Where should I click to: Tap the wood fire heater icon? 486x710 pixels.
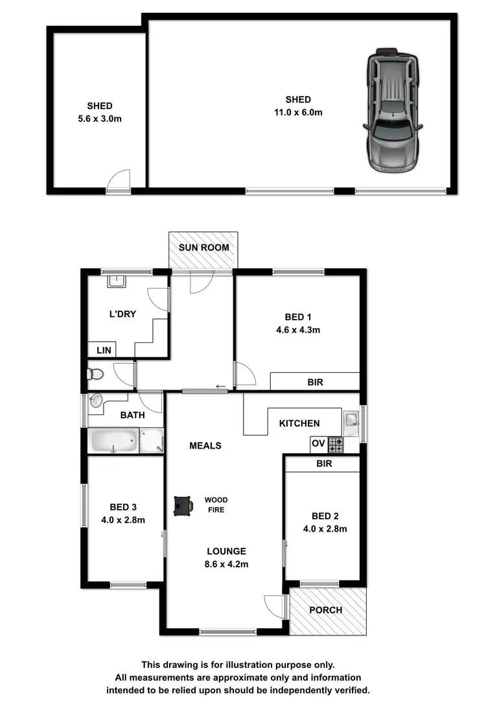click(x=183, y=506)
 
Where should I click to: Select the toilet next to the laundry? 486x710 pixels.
click(x=95, y=374)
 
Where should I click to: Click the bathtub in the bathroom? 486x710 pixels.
click(x=115, y=442)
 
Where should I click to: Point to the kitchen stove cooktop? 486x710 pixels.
click(x=336, y=445)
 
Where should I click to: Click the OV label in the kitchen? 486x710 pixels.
click(x=318, y=444)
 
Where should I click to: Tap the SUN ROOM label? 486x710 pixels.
click(x=203, y=247)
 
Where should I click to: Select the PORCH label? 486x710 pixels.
click(x=325, y=609)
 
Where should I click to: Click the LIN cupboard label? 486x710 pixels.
click(x=104, y=350)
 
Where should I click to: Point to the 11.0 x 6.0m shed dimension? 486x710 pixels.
click(x=298, y=112)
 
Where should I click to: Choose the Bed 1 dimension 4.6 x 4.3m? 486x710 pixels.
click(x=298, y=329)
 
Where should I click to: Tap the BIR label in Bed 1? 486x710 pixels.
click(x=315, y=383)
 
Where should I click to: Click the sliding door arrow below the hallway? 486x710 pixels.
click(x=221, y=387)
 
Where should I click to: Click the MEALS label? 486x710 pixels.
click(x=205, y=445)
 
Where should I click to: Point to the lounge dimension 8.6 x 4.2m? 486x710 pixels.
click(x=226, y=564)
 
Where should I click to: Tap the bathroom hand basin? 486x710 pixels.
click(x=97, y=401)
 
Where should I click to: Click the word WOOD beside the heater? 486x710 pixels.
click(x=216, y=500)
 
